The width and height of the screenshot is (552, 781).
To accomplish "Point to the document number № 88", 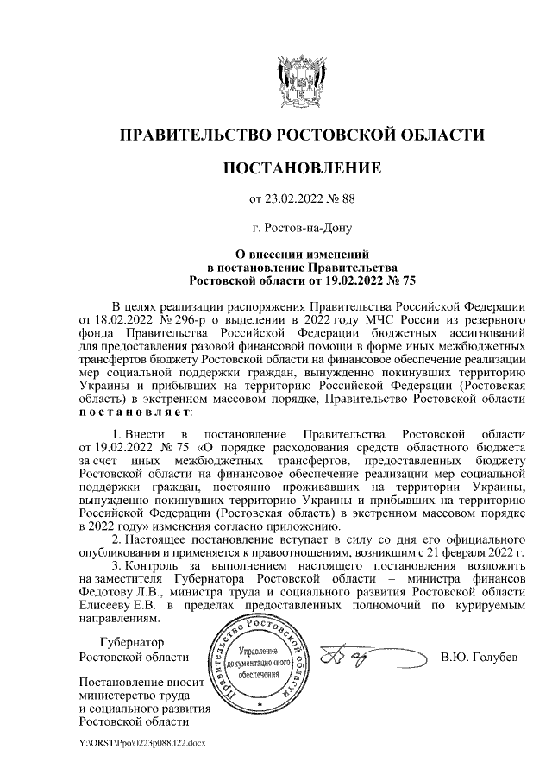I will (x=342, y=199).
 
